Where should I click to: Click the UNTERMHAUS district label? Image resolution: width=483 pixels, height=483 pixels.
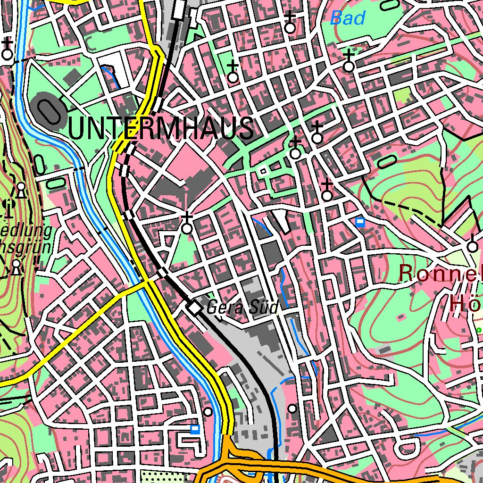160,128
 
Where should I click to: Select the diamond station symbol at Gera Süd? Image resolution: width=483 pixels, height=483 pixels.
194,308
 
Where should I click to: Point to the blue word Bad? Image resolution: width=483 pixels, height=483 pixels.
348,18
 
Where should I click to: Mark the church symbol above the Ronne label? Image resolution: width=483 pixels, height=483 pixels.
472,246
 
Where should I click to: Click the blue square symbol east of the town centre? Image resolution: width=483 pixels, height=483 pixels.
360,222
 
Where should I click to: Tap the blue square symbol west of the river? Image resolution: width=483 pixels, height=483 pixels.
194,429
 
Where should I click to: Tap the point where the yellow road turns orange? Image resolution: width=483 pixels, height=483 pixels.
227,436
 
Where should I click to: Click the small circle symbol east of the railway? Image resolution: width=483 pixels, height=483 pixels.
292,408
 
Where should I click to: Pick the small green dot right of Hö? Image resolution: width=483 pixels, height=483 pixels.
478,330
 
